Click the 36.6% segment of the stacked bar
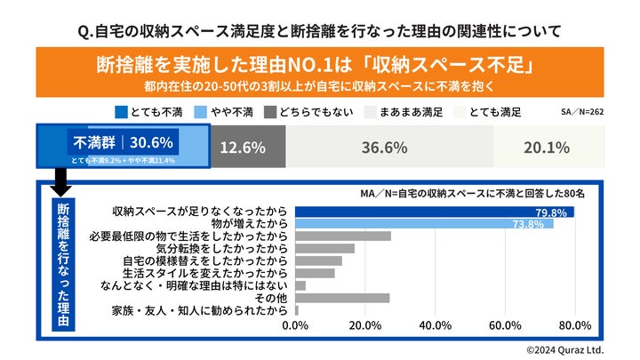point(384,147)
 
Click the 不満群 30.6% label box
point(124,141)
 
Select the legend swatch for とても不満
point(122,112)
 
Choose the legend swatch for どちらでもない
point(271,112)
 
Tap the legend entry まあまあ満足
point(409,112)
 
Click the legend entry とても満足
point(490,112)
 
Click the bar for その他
point(342,298)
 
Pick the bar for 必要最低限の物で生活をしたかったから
point(343,236)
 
